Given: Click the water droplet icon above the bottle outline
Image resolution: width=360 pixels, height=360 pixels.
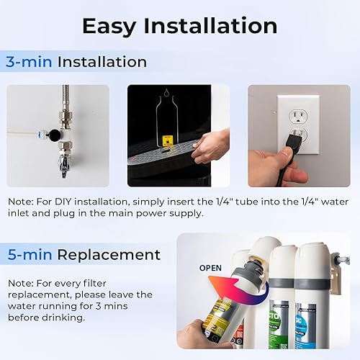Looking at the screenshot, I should (166, 93).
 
